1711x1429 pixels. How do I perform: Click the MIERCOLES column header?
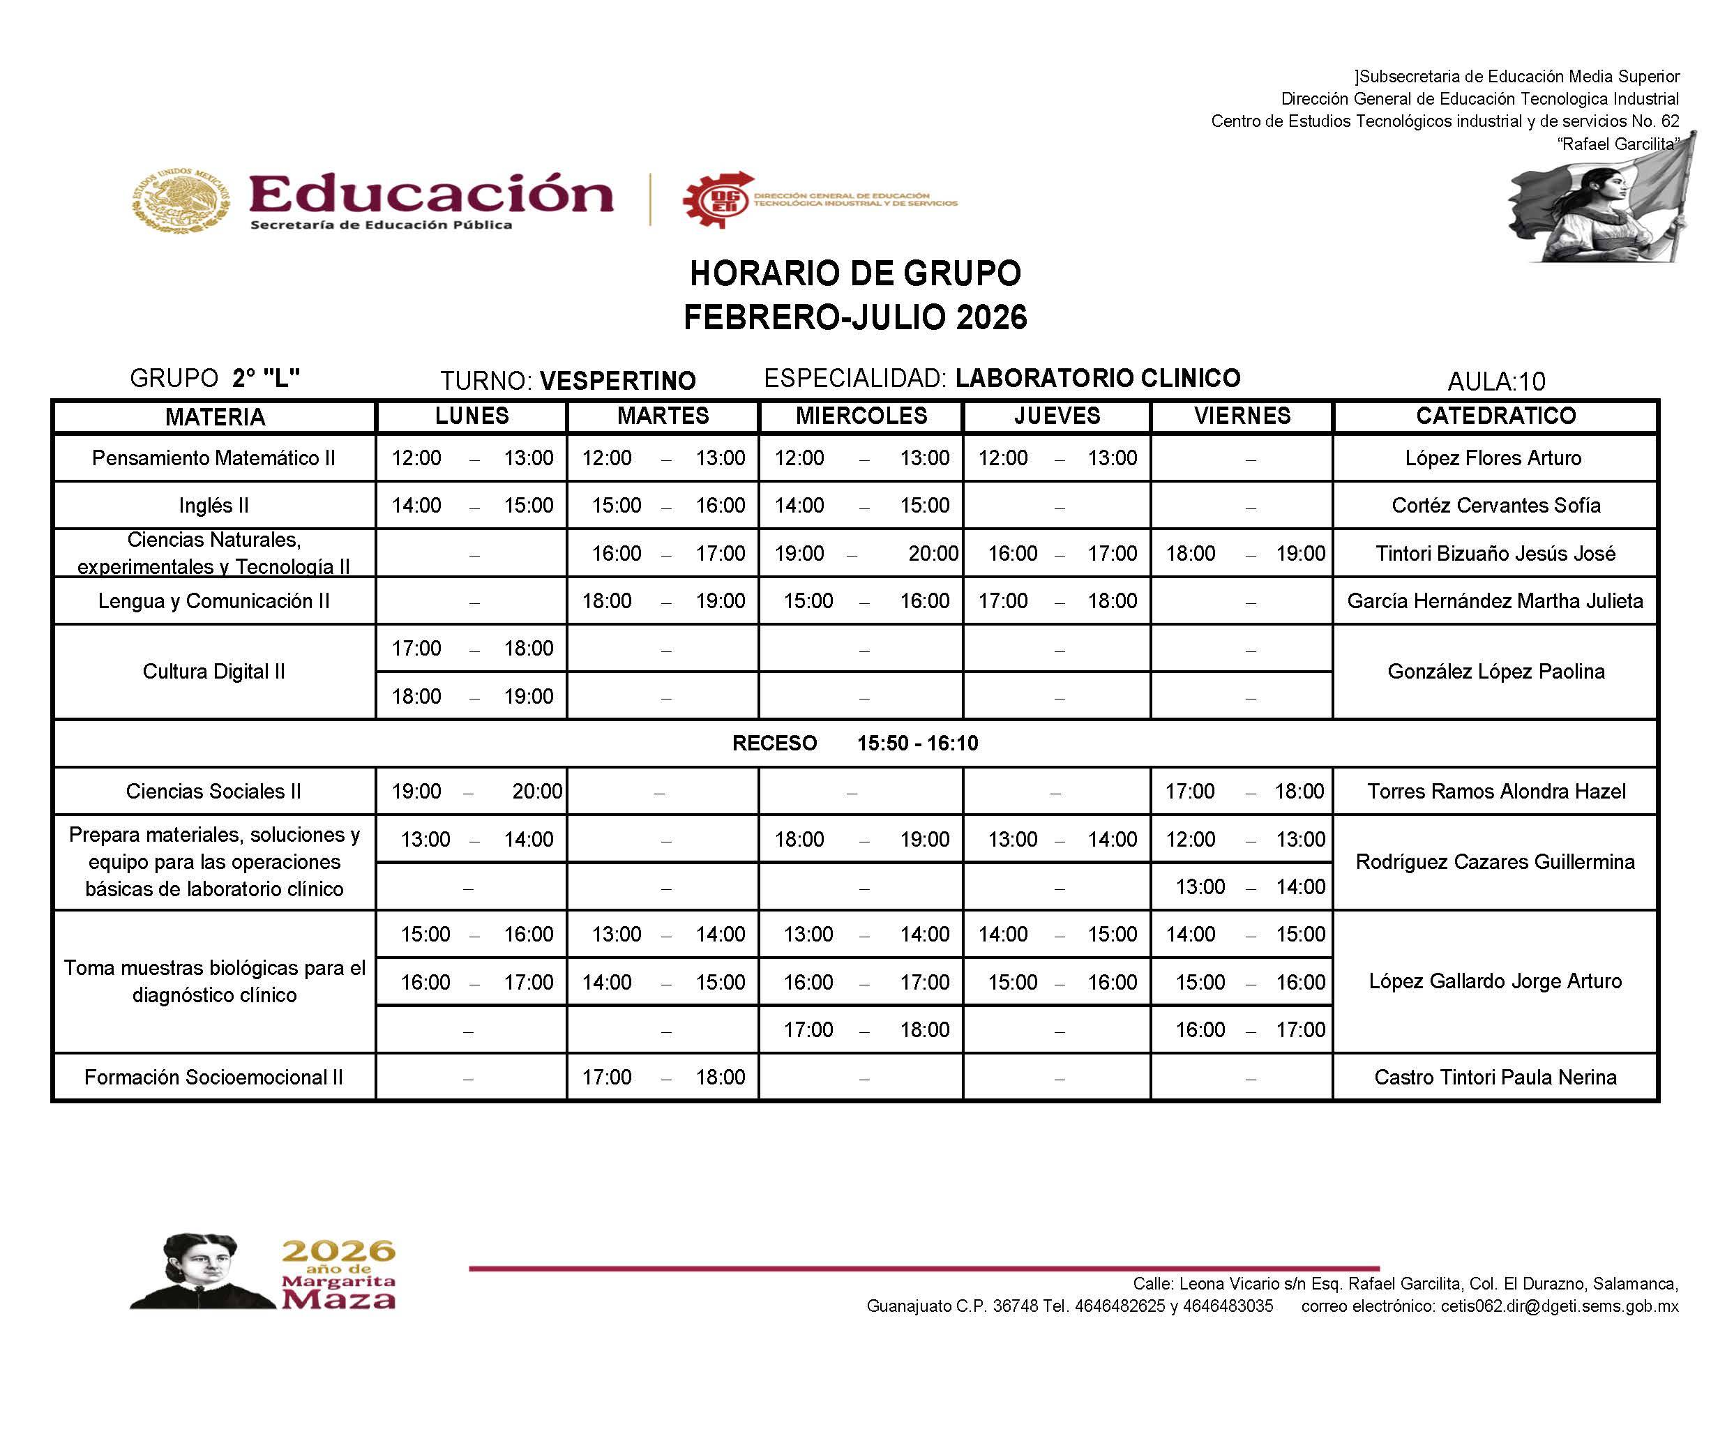pos(861,416)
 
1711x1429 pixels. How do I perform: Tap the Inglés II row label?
pos(213,505)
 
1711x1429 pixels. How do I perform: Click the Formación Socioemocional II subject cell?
pos(213,1077)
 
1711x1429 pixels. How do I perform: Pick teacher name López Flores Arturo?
pos(1493,458)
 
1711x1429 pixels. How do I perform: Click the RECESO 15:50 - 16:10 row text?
pos(854,743)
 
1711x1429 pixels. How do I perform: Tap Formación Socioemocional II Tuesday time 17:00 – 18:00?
pos(663,1077)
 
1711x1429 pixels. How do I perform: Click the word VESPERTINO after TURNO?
pos(617,381)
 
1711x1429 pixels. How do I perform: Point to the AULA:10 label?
pos(1496,381)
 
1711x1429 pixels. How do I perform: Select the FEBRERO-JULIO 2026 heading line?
pos(854,317)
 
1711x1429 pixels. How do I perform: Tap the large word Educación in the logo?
pos(430,194)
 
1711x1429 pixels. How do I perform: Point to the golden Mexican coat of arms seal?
pos(180,200)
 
